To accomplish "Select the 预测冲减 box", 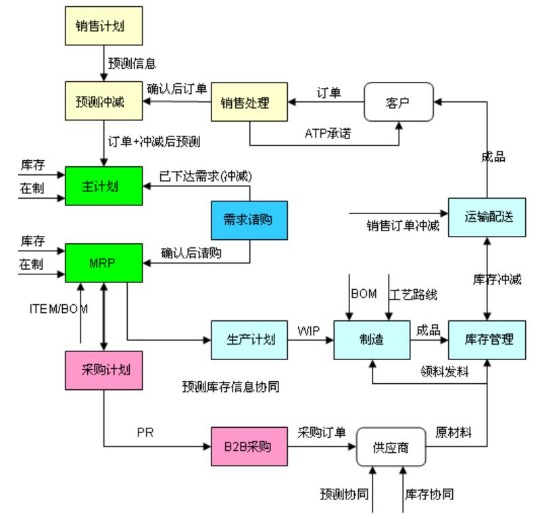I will (x=103, y=103).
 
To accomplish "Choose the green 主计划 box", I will (x=103, y=186).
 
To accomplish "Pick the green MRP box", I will (x=103, y=263).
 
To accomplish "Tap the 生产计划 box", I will (x=249, y=339).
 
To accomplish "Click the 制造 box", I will (x=372, y=339).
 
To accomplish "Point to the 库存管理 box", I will (x=487, y=339).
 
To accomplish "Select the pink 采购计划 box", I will (x=103, y=370).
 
